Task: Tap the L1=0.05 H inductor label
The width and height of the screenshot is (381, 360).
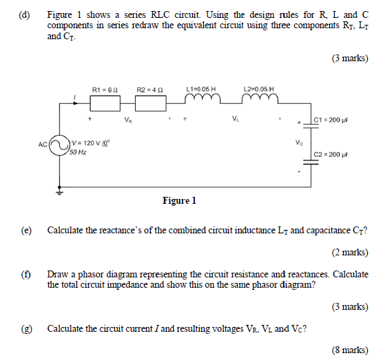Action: click(x=201, y=89)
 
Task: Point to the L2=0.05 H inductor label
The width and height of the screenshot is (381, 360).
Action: click(x=258, y=89)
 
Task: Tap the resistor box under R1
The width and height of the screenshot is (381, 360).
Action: click(x=107, y=103)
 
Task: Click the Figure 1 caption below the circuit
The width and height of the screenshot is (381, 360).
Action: click(x=179, y=201)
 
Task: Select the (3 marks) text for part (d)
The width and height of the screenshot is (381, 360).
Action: click(x=349, y=60)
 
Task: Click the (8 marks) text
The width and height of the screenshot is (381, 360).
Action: click(x=349, y=350)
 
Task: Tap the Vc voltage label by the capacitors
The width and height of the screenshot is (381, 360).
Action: click(x=298, y=143)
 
